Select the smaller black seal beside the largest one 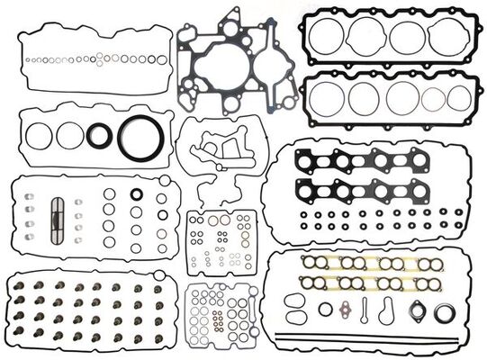point(101,136)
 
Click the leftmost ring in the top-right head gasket point(328,38)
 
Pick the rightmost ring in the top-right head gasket point(447,38)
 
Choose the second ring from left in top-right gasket point(366,37)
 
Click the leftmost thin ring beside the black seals point(39,136)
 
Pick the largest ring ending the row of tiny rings point(162,59)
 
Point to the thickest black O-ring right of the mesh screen point(136,193)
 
